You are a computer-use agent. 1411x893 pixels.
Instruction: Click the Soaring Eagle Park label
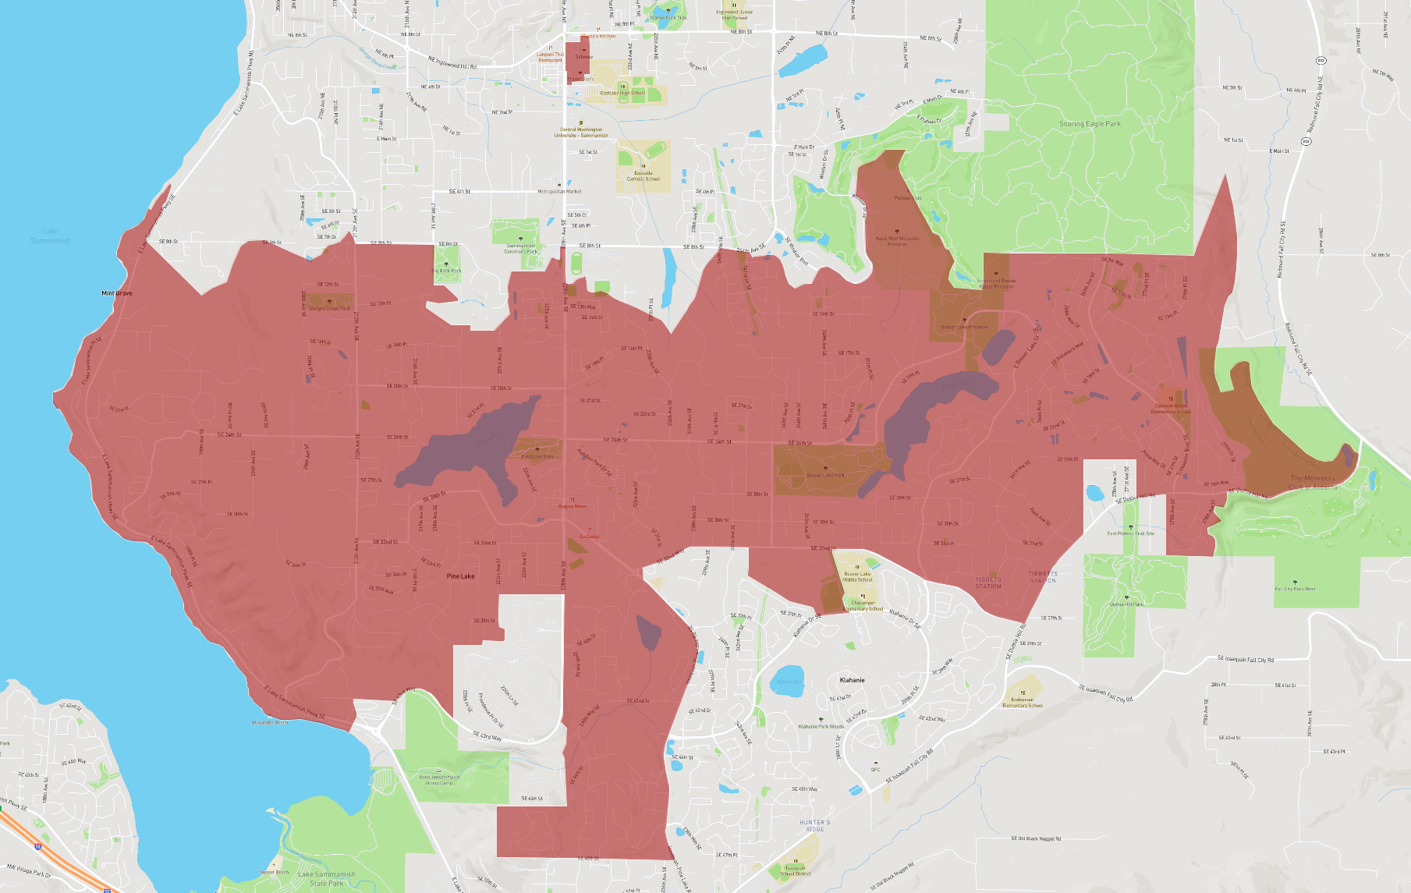[1090, 124]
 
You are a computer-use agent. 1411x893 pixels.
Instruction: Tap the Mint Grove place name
[117, 293]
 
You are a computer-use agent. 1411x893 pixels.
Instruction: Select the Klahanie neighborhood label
[852, 680]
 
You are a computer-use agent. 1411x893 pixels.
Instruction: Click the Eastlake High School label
[622, 93]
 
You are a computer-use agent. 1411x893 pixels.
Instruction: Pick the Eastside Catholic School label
[643, 176]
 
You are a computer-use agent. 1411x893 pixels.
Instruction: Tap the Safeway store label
[583, 57]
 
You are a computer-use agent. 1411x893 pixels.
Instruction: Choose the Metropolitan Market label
[559, 191]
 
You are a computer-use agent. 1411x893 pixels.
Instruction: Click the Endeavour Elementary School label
[1023, 703]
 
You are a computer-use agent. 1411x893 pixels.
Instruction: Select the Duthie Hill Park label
[1126, 604]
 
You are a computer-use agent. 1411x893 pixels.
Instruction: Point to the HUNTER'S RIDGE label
[815, 825]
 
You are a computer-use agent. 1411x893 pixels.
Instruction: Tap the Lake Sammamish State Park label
[326, 878]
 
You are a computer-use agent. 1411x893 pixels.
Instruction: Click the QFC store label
[875, 769]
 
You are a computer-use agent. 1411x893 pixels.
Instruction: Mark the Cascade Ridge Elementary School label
[1171, 408]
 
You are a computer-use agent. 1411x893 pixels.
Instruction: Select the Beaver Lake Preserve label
[964, 327]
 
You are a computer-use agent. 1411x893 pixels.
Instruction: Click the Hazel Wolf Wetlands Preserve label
[897, 241]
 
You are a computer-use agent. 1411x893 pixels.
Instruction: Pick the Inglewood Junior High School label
[735, 15]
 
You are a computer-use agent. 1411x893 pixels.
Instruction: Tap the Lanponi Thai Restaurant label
[550, 57]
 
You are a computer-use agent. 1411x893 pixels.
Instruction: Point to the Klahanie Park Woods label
[821, 726]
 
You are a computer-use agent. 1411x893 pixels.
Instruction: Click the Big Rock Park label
[446, 271]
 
